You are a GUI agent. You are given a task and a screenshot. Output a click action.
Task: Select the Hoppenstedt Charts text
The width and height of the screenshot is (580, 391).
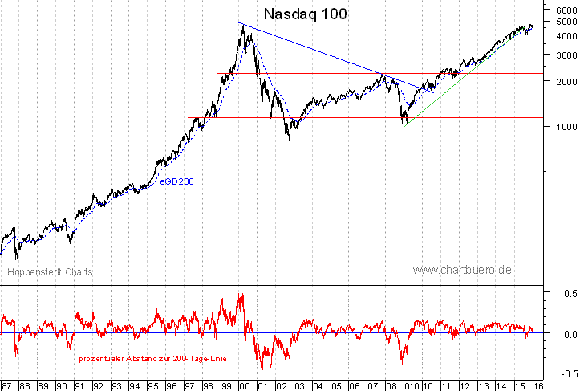click(51, 272)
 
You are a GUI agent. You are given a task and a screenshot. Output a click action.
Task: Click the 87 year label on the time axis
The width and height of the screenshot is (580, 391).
click(7, 385)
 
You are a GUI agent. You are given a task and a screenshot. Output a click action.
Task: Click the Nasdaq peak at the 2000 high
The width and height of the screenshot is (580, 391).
click(241, 24)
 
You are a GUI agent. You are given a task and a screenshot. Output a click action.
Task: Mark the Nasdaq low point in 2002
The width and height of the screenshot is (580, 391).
click(289, 140)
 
